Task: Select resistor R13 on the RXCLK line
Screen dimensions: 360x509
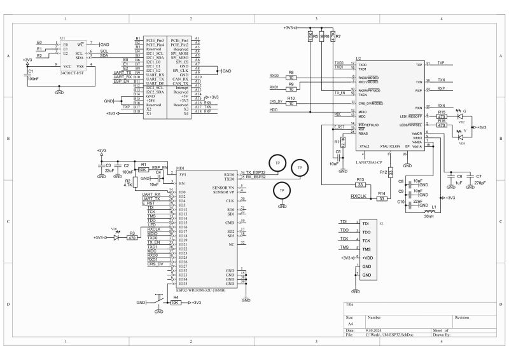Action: [x=360, y=185]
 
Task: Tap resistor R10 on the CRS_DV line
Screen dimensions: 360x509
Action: [x=291, y=104]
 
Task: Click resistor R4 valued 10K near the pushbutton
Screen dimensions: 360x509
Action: [x=175, y=303]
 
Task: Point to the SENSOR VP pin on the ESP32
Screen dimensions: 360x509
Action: [x=223, y=191]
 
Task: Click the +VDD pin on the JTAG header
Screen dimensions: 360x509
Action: [x=367, y=258]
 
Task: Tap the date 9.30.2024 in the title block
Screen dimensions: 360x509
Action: [x=374, y=330]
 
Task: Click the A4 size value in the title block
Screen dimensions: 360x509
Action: [x=350, y=323]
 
